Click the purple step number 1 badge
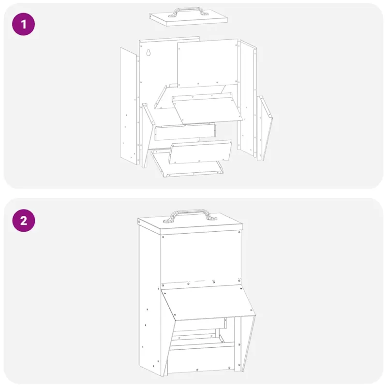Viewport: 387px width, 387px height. tap(23, 24)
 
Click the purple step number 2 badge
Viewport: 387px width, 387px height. tap(23, 221)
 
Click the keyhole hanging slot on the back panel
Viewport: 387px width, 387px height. tap(149, 52)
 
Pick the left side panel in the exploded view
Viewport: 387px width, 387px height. tap(129, 106)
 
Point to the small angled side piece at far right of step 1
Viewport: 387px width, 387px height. tap(265, 128)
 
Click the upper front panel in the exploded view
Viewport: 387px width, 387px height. tap(208, 63)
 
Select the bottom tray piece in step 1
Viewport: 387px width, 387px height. tap(187, 164)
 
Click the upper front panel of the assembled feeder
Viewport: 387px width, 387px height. tap(201, 259)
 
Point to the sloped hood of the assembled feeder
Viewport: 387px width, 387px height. tap(208, 303)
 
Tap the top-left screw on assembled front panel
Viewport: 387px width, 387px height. tap(163, 237)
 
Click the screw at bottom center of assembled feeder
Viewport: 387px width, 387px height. tap(197, 370)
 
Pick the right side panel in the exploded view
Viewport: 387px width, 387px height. tap(247, 98)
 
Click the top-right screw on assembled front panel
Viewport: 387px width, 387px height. tap(239, 233)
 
